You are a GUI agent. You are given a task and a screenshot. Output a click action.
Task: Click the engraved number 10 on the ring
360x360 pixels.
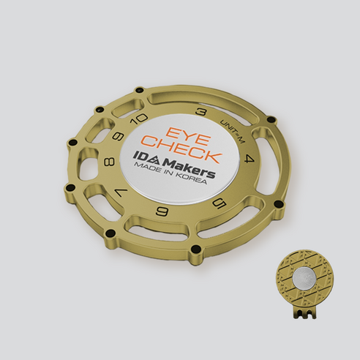click(139, 119)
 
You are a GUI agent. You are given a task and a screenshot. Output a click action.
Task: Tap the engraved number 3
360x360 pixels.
click(201, 112)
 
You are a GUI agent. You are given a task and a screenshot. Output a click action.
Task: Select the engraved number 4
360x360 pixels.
click(249, 160)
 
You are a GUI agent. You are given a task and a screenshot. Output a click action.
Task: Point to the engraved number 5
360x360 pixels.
click(220, 203)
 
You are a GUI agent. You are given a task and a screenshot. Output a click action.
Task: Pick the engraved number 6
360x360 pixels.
click(162, 211)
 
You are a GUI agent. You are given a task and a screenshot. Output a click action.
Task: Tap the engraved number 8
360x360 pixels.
click(110, 162)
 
